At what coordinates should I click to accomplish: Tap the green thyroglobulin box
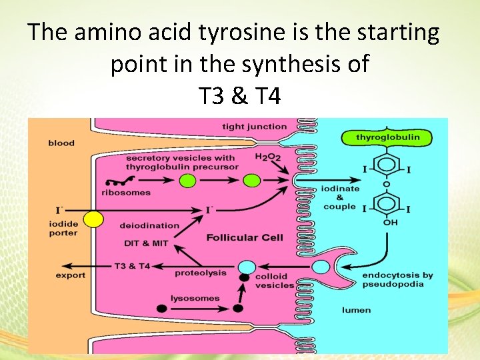(388, 137)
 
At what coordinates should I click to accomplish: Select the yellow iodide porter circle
(93, 218)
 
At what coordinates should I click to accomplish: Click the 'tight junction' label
(255, 127)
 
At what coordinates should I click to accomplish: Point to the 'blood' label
(61, 143)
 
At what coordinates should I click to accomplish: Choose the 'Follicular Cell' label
(245, 237)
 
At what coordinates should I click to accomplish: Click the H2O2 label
(268, 157)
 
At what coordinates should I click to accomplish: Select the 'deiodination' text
(149, 225)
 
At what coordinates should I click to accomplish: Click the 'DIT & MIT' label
(145, 243)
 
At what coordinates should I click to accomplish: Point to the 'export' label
(70, 275)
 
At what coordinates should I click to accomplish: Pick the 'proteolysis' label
(200, 273)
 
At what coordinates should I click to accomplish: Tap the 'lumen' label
(356, 310)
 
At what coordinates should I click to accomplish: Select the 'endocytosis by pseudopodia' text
(397, 280)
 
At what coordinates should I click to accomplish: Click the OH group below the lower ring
(390, 222)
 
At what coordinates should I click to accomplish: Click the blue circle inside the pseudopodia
(321, 267)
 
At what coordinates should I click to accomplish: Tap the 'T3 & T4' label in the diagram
(132, 267)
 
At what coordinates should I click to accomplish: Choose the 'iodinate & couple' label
(340, 197)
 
